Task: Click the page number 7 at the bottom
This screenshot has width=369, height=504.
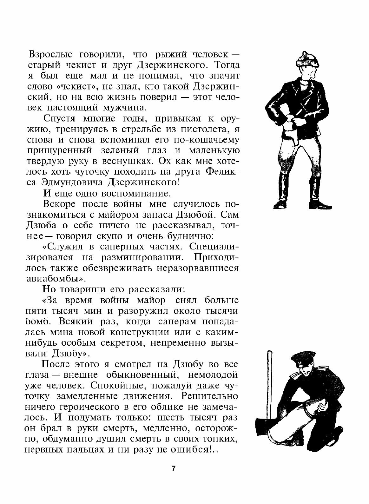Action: (x=173, y=469)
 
